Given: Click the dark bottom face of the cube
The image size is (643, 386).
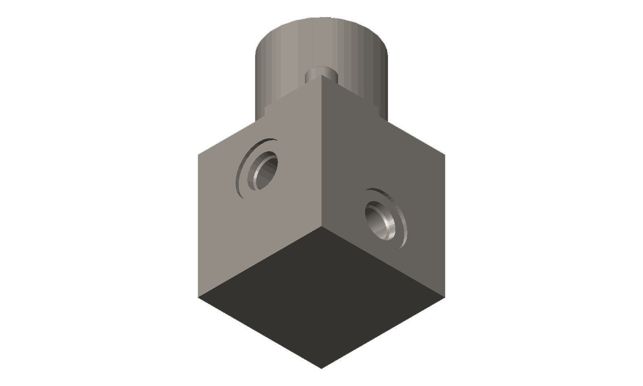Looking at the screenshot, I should click(x=321, y=296).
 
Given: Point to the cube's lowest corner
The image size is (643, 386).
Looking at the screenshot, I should click(x=321, y=368).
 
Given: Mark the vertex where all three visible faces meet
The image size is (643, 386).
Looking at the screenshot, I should click(x=321, y=226).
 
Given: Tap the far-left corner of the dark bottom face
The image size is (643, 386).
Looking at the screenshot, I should click(x=198, y=297).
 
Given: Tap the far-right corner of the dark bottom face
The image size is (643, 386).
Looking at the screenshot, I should click(x=445, y=297).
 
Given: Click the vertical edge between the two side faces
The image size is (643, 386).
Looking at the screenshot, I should click(x=321, y=153).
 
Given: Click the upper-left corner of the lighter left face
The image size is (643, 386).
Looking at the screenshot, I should click(x=198, y=155).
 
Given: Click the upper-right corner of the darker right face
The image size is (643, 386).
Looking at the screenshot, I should click(x=445, y=155).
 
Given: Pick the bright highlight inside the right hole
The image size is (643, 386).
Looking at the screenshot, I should click(x=388, y=226).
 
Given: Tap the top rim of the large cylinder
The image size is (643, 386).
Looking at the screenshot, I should click(x=321, y=19).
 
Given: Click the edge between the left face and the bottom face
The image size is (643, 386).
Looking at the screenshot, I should click(x=260, y=262).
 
